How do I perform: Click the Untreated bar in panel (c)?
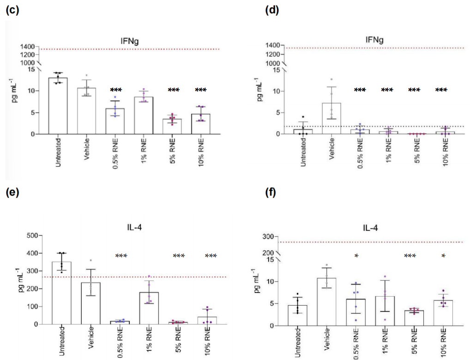(58, 106)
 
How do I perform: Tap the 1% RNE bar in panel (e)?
(149, 308)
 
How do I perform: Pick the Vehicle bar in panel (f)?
(327, 302)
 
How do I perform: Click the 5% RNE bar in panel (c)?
(172, 126)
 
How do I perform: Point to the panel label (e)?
(12, 192)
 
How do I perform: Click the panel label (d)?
(272, 10)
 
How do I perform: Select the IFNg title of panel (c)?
(129, 41)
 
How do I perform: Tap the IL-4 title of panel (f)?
(370, 228)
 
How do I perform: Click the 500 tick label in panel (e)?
(32, 235)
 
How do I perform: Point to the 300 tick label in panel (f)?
(268, 237)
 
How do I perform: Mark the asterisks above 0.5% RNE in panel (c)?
(116, 90)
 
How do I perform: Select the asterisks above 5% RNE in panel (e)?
(179, 256)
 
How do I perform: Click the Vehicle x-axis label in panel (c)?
(87, 149)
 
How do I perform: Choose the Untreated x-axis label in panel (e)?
(62, 341)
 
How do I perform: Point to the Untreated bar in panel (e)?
(61, 293)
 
